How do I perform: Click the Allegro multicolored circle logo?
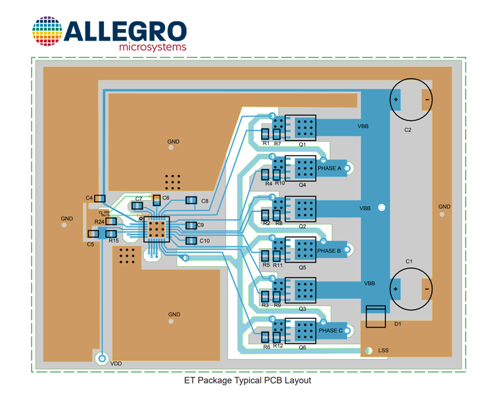click(47, 31)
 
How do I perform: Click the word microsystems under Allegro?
click(153, 47)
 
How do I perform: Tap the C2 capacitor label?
click(408, 130)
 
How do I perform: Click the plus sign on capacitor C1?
click(396, 289)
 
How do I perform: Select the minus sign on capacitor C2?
click(427, 100)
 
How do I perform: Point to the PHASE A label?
click(329, 168)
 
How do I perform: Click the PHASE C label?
click(331, 330)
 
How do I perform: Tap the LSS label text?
click(383, 350)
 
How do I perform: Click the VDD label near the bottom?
click(116, 364)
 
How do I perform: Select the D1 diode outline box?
click(376, 317)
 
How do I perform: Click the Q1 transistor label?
click(302, 144)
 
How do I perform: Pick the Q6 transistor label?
click(302, 347)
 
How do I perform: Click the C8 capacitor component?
click(191, 200)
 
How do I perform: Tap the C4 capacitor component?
click(100, 198)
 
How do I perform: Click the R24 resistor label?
click(99, 222)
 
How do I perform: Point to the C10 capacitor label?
click(204, 241)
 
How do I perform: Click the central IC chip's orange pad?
click(156, 229)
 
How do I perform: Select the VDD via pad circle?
click(102, 359)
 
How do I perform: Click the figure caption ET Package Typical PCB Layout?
click(247, 381)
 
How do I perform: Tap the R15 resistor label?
click(114, 241)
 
